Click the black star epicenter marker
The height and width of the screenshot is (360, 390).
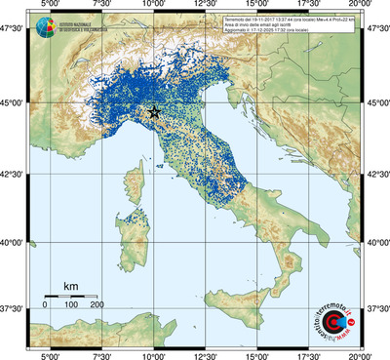(x=154, y=112)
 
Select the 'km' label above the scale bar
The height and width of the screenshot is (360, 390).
(x=70, y=286)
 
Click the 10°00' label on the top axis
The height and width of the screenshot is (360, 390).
(x=154, y=6)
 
